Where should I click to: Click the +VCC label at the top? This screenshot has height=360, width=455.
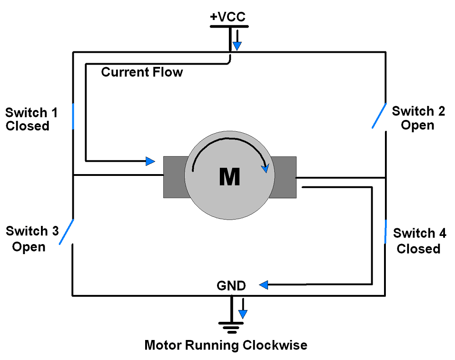[227, 17]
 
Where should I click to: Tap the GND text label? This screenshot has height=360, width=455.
[231, 286]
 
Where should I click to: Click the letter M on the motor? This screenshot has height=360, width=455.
[229, 177]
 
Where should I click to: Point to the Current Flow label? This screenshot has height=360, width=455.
[142, 72]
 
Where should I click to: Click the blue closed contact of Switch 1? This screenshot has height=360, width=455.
[73, 116]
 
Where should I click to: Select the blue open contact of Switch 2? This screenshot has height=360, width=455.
[379, 115]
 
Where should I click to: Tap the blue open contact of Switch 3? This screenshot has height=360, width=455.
[66, 232]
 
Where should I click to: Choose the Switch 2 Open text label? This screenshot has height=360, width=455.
[418, 118]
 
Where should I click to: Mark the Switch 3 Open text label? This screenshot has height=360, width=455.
[31, 239]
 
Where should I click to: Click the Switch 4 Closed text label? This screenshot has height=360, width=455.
[419, 241]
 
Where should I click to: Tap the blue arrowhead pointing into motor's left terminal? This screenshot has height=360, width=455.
[150, 161]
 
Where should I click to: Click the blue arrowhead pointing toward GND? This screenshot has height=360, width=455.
[263, 285]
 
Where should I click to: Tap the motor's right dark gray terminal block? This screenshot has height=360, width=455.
[285, 177]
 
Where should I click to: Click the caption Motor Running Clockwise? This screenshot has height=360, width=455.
[226, 345]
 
